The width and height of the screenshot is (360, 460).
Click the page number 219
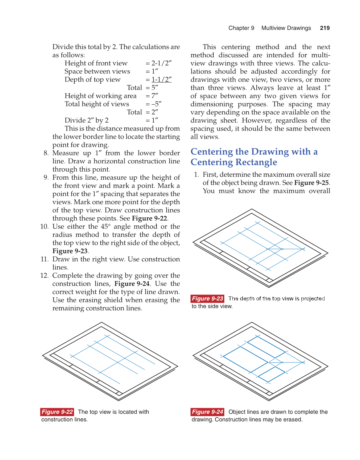tap(325, 28)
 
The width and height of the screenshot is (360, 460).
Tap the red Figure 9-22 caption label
tap(57, 412)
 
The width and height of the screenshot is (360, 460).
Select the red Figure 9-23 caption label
tap(207, 299)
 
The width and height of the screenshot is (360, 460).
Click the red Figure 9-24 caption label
tap(207, 412)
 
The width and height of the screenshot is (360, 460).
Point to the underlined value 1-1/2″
tap(161, 80)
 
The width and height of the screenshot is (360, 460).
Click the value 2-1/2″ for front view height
tap(161, 63)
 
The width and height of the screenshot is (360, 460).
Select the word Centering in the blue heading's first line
tap(212, 152)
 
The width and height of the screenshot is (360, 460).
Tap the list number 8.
tap(46, 153)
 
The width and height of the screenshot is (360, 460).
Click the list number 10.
tap(44, 227)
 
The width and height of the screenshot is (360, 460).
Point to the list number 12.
tap(44, 275)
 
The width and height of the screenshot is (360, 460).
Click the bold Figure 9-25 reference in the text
tap(311, 183)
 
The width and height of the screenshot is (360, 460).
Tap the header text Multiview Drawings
tap(286, 28)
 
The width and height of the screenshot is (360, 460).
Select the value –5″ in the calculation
tap(156, 104)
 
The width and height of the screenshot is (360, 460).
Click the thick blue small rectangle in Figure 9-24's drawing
tap(271, 374)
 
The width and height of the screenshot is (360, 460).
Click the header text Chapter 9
tap(241, 28)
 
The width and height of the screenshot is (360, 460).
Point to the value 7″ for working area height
tap(155, 96)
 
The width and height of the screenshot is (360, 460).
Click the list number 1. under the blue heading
tap(197, 175)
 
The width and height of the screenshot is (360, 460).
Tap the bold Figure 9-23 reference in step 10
tap(70, 251)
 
